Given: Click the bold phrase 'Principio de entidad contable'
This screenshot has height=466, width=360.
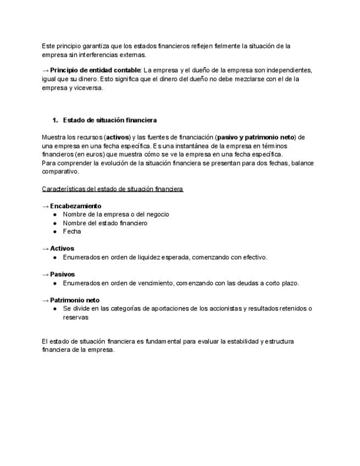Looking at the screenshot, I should pyautogui.click(x=95, y=70).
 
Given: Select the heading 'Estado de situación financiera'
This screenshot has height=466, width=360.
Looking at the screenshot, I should pyautogui.click(x=110, y=120).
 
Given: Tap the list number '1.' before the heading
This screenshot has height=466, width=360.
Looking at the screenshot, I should pyautogui.click(x=55, y=120).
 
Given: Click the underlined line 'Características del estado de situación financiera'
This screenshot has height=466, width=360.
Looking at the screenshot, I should pyautogui.click(x=112, y=189).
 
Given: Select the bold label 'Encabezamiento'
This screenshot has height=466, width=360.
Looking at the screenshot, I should pyautogui.click(x=75, y=206).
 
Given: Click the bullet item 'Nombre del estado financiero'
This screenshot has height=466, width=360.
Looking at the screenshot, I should pyautogui.click(x=105, y=223).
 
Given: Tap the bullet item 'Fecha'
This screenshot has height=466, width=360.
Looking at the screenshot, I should pyautogui.click(x=72, y=231).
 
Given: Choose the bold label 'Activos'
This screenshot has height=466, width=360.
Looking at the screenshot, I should pyautogui.click(x=62, y=248).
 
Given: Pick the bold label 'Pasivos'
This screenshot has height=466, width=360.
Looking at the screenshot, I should pyautogui.click(x=63, y=274).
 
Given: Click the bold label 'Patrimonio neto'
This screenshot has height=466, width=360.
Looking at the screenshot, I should pyautogui.click(x=75, y=300).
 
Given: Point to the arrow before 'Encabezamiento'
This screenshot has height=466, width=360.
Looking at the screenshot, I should pyautogui.click(x=45, y=206).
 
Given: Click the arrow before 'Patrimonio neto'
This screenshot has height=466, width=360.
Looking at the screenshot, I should pyautogui.click(x=45, y=300).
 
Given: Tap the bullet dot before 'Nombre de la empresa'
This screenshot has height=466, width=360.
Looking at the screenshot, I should pyautogui.click(x=56, y=214).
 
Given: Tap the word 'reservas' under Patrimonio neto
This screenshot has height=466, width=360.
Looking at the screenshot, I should pyautogui.click(x=75, y=317).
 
